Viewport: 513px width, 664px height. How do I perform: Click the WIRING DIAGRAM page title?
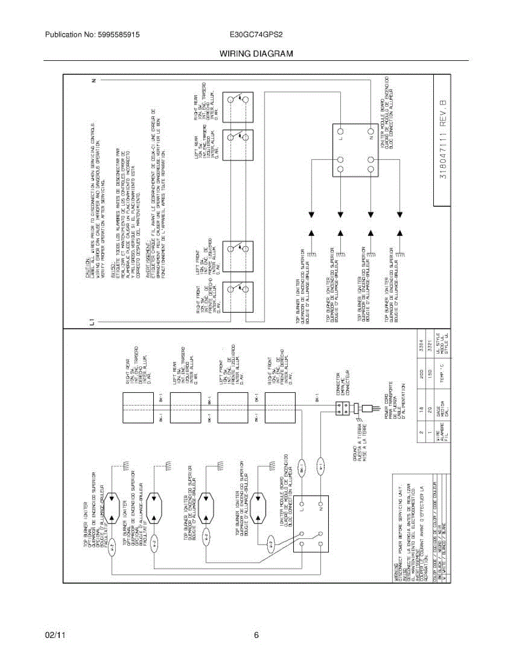coord(256,54)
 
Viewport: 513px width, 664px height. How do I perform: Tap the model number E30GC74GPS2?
coord(256,34)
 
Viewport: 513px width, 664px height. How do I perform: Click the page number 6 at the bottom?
coord(256,636)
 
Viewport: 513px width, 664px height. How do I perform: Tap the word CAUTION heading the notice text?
coord(88,272)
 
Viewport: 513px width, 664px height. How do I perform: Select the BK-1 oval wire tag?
coord(302,469)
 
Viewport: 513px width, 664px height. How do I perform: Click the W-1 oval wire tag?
coord(320,466)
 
